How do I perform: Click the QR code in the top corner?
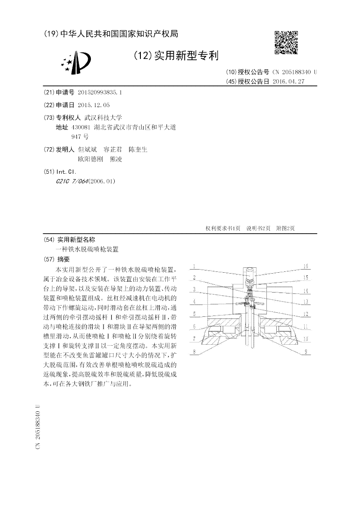click(286, 43)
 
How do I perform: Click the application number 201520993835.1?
click(100, 92)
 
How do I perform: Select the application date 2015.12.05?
click(94, 105)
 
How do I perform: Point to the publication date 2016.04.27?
click(289, 81)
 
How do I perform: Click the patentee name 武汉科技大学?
click(103, 117)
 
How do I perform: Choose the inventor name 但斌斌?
click(87, 149)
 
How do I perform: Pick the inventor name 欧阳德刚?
click(90, 159)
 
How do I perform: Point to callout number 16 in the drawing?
click(305, 266)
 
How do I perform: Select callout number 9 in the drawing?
click(305, 351)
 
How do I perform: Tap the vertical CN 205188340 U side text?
click(38, 426)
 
